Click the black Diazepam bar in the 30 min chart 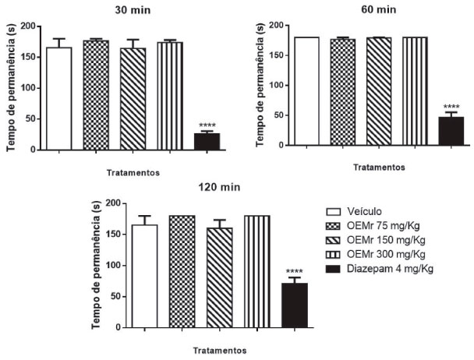click(x=207, y=141)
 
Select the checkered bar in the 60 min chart click(x=342, y=92)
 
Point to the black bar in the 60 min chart click(x=451, y=130)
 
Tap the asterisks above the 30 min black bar click(x=207, y=126)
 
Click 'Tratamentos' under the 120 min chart click(x=220, y=350)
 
